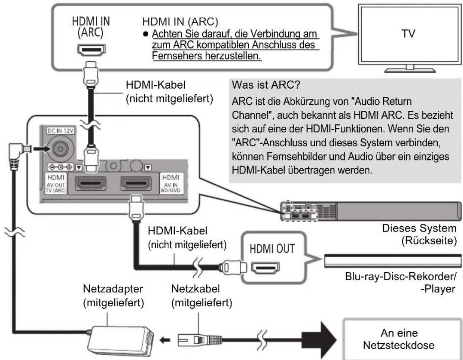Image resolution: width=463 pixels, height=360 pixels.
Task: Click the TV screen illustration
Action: [x=409, y=34]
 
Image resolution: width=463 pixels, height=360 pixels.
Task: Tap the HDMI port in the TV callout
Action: [x=91, y=50]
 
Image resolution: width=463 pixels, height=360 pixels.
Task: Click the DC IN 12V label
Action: [x=61, y=131]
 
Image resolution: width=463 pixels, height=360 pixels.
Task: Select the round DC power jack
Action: [x=61, y=149]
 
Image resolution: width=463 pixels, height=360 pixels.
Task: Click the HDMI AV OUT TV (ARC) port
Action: [x=91, y=183]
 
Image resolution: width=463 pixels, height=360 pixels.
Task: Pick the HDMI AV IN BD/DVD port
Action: [x=136, y=183]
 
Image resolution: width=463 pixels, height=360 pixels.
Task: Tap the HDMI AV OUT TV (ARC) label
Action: [x=56, y=184]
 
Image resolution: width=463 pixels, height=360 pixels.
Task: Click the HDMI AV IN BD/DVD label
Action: [x=171, y=184]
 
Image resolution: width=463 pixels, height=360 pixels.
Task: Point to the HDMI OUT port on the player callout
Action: [x=265, y=268]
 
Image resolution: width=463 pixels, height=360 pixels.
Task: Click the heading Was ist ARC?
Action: [x=266, y=85]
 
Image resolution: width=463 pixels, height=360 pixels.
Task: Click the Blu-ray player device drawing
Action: [x=393, y=261]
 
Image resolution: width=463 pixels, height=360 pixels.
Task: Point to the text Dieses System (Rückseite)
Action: [x=419, y=235]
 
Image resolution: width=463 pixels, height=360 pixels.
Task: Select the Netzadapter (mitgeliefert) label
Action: [x=114, y=296]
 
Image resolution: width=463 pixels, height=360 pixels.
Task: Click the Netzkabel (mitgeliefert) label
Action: [x=202, y=296]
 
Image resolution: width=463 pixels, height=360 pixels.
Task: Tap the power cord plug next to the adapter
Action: [x=200, y=340]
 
